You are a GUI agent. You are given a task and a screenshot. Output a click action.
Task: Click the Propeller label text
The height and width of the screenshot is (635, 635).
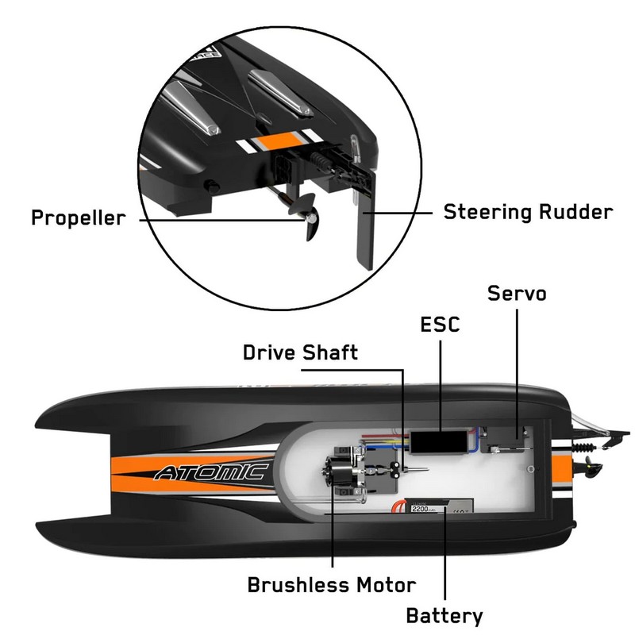pos(78,217)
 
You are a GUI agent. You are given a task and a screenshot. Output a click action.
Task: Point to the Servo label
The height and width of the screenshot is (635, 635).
pos(517,293)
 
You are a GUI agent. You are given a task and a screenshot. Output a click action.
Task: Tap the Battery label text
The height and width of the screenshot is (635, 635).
pos(444,615)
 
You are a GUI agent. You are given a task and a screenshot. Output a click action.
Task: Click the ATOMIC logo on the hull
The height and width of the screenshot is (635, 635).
pos(210,473)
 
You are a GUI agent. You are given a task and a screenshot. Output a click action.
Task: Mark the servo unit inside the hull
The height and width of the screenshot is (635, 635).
pos(509,440)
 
